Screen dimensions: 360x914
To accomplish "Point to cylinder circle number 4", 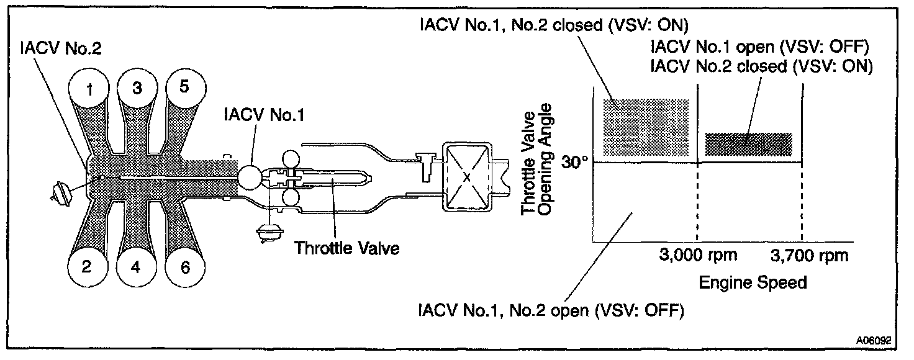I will point(135,268).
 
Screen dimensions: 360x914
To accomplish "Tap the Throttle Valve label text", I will point(346,248).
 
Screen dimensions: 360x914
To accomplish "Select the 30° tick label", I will point(574,162).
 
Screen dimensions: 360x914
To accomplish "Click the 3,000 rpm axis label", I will point(698,255).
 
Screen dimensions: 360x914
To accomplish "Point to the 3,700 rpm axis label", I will point(808,255).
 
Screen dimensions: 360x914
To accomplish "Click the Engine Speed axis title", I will point(753,283).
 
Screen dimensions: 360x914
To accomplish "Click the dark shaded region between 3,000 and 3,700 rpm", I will point(749,144).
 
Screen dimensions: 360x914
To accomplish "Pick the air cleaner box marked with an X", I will point(466,176).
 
